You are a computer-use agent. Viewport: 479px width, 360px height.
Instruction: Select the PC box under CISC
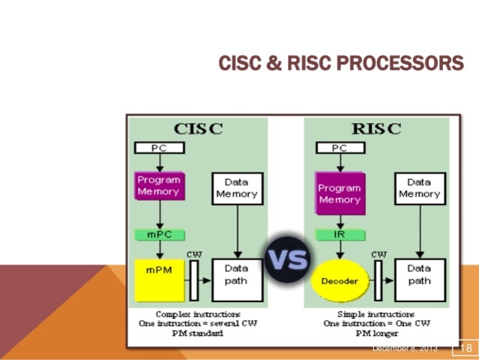pyautogui.click(x=159, y=148)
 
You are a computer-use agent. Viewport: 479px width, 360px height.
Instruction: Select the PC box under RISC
pyautogui.click(x=340, y=148)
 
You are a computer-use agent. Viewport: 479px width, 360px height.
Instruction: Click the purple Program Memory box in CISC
pyautogui.click(x=158, y=185)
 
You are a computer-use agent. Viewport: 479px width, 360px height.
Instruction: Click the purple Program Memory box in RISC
pyautogui.click(x=340, y=193)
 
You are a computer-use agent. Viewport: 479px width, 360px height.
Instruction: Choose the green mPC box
pyautogui.click(x=159, y=235)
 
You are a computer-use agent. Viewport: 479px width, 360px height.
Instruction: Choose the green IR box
pyautogui.click(x=340, y=235)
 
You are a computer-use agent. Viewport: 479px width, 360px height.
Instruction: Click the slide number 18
pyautogui.click(x=464, y=348)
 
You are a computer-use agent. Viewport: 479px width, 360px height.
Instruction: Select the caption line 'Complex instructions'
pyautogui.click(x=198, y=313)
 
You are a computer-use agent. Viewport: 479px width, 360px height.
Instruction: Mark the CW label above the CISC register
pyautogui.click(x=194, y=253)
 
